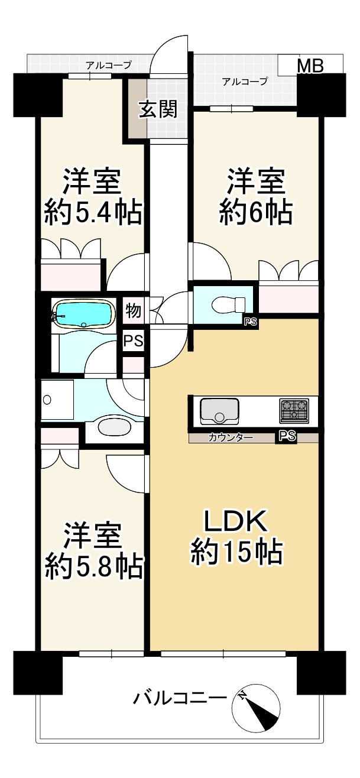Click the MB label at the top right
pyautogui.click(x=310, y=66)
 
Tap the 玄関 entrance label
pyautogui.click(x=158, y=110)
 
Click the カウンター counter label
pyautogui.click(x=231, y=438)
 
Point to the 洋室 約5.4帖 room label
pyautogui.click(x=93, y=197)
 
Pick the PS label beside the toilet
pyautogui.click(x=251, y=322)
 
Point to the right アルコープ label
pyautogui.click(x=245, y=82)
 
